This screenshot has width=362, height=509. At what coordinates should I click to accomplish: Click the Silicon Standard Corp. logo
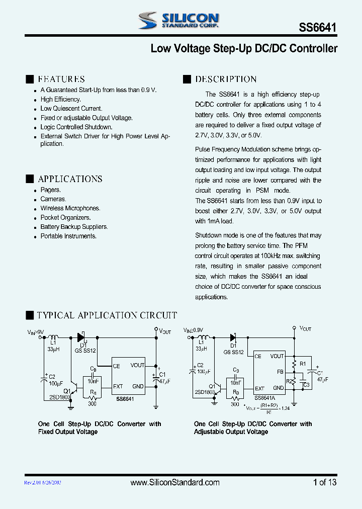point(178,20)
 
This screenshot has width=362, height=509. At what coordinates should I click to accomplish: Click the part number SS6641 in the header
point(318,29)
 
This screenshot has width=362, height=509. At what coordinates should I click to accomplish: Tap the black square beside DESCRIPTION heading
point(187,79)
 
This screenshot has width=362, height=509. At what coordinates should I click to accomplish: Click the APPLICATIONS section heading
point(70,179)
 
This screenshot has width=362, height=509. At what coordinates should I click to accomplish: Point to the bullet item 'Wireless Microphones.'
point(70,208)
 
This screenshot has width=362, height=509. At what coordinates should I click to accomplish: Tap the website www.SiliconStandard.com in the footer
point(175,482)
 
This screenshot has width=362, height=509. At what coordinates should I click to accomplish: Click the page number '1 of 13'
point(325,482)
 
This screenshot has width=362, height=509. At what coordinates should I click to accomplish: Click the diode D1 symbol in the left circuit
point(80,337)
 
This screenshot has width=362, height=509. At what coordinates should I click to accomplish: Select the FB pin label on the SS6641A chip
point(281,372)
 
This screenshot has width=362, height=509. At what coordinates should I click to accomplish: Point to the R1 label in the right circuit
point(303,363)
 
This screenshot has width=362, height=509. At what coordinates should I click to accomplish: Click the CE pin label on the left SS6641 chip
point(116,366)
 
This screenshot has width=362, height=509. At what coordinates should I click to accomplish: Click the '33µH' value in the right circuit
point(201,349)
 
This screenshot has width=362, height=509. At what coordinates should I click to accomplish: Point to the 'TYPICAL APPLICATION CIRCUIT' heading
point(107,315)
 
